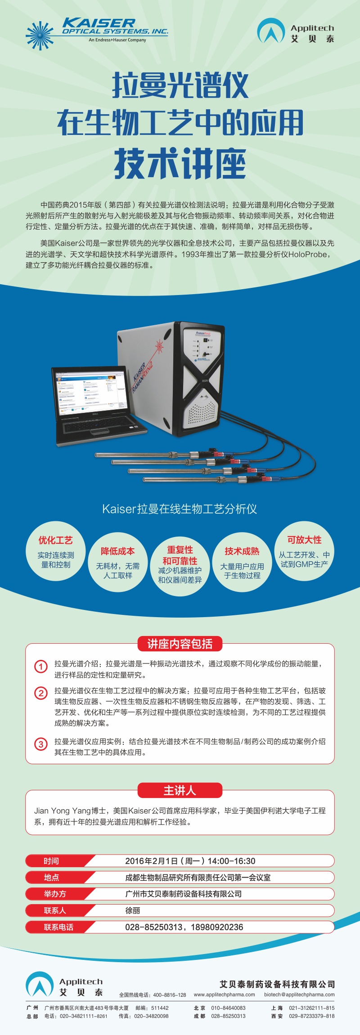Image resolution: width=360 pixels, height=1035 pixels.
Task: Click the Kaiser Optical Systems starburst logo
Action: click(40, 36)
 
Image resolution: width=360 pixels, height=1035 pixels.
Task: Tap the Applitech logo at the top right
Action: click(296, 31)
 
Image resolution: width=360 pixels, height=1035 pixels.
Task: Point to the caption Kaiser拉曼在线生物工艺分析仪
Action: click(180, 509)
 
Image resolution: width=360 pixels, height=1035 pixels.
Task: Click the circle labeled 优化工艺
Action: click(56, 551)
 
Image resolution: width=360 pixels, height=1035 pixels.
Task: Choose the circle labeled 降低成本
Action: click(118, 562)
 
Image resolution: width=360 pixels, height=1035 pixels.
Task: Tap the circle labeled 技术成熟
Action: click(242, 562)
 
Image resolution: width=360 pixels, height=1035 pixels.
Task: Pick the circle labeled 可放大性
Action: click(304, 551)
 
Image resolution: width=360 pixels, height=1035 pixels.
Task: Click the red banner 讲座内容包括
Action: click(180, 644)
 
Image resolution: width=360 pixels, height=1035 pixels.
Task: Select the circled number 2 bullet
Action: click(41, 693)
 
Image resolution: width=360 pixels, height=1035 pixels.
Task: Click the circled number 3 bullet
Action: click(41, 744)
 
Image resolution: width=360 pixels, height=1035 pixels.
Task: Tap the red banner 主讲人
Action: click(180, 790)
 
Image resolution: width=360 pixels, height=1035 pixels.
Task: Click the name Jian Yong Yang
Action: click(63, 811)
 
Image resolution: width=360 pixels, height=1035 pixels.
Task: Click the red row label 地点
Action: click(51, 878)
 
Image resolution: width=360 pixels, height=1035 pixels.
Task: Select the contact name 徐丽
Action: click(132, 910)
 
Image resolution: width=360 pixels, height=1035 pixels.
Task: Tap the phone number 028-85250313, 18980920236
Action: click(184, 927)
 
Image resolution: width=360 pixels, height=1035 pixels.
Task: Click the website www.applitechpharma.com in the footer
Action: click(224, 995)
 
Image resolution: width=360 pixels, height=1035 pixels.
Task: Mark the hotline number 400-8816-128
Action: click(170, 995)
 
